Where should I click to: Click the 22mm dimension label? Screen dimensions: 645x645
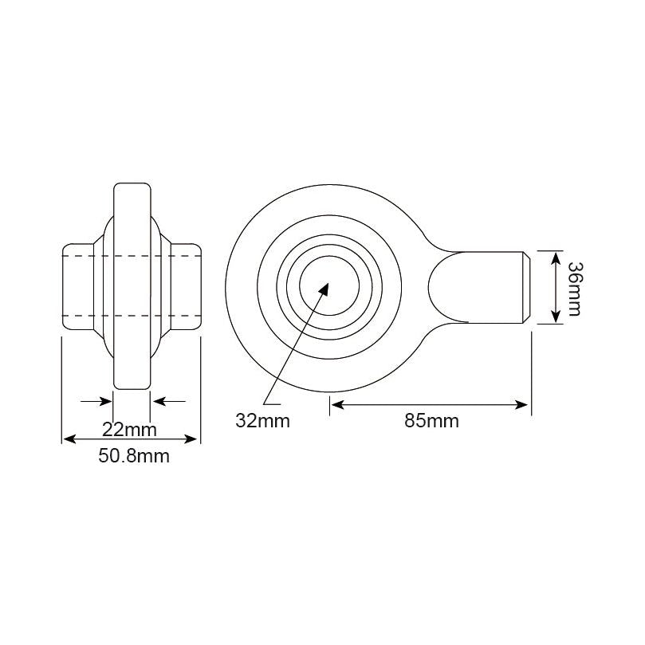point(130,430)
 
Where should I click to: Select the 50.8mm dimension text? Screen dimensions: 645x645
point(132,457)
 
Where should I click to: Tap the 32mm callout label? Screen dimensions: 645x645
point(262,421)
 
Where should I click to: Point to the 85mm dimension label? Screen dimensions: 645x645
point(431,421)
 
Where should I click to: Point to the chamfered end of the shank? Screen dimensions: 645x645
point(527,287)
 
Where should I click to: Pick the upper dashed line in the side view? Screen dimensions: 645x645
point(132,255)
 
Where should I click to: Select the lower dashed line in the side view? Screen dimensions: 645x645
point(132,317)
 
